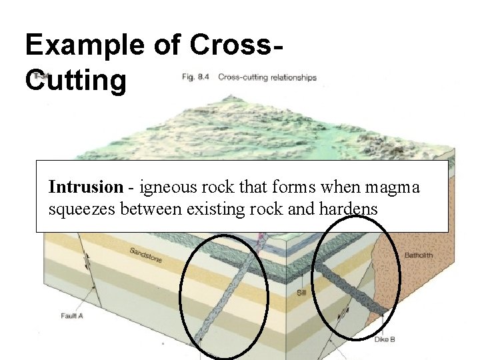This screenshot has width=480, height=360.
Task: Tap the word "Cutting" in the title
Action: click(x=75, y=81)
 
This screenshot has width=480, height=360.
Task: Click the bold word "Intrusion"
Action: click(x=85, y=187)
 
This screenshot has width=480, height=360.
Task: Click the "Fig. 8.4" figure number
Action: click(x=197, y=77)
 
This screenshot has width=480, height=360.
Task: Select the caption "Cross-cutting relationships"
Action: click(x=267, y=77)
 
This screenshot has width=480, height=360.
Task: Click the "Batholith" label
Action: click(x=419, y=255)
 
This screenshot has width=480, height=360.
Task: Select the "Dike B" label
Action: click(x=384, y=339)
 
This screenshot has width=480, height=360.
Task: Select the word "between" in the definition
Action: click(x=151, y=209)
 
